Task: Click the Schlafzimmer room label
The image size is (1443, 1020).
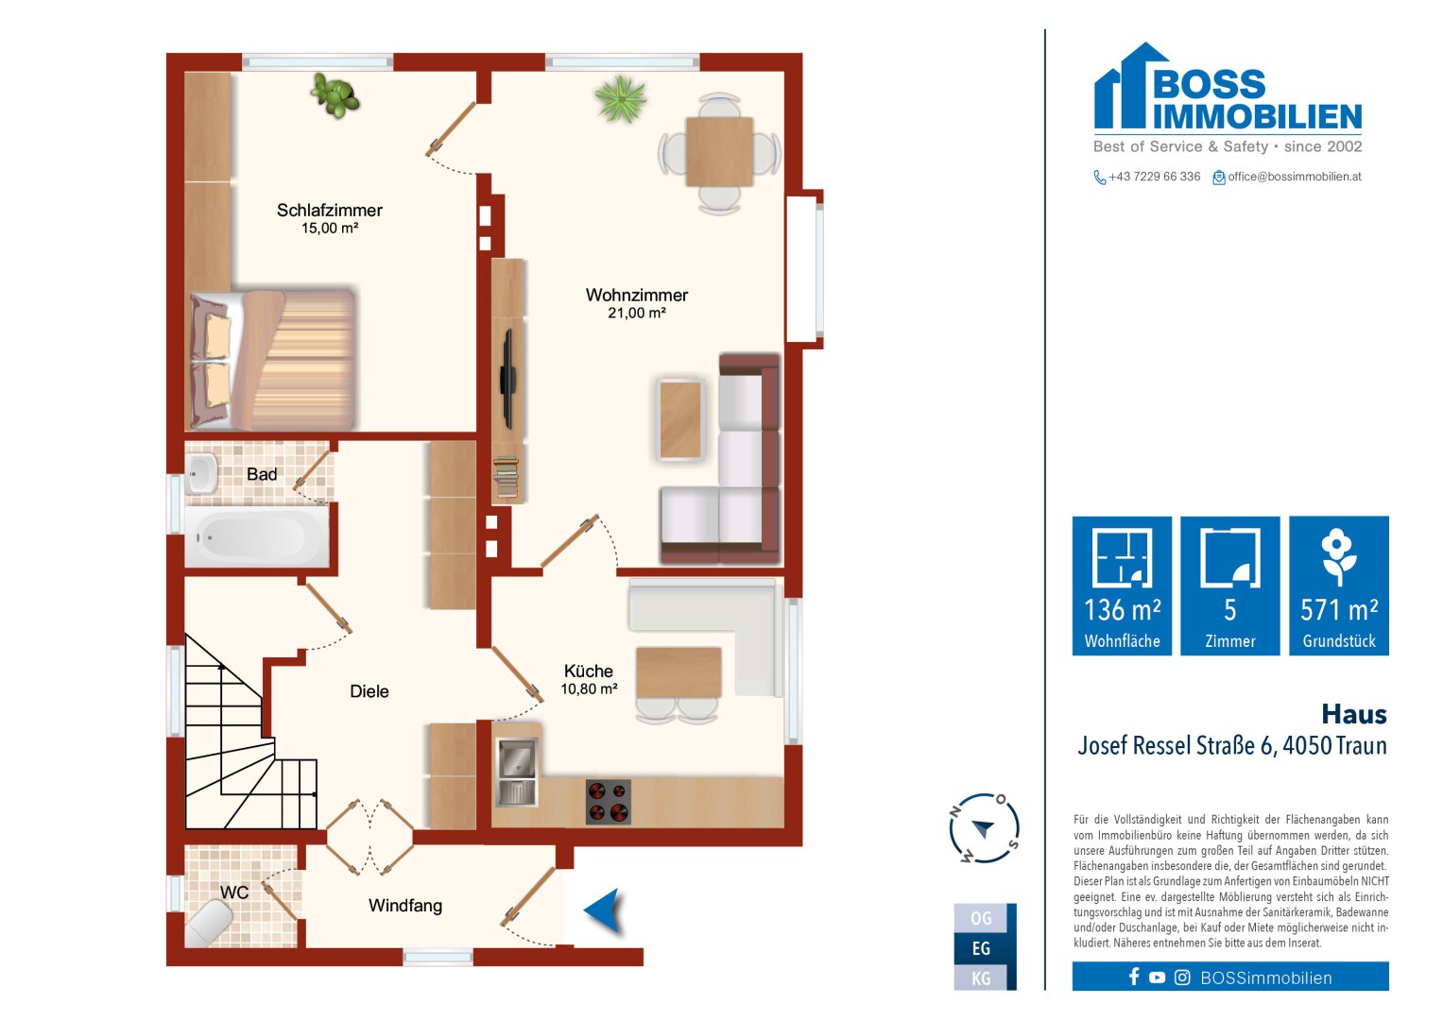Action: [329, 211]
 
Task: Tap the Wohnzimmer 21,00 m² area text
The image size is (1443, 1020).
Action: [637, 314]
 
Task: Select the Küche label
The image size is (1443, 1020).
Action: [588, 671]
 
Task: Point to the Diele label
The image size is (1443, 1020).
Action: [369, 691]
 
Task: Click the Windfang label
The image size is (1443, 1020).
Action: [405, 906]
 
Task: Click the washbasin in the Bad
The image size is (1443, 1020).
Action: [201, 473]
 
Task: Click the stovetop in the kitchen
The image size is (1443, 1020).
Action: [609, 802]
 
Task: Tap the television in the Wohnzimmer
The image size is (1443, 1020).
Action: [508, 379]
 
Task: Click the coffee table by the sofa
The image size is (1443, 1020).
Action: [680, 419]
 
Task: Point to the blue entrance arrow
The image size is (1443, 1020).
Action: [603, 909]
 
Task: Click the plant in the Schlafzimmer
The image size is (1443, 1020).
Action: [335, 95]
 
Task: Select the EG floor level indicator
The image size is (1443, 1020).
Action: [981, 948]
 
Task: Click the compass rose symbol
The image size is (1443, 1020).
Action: [985, 828]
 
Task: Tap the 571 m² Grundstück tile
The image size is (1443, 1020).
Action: [1339, 586]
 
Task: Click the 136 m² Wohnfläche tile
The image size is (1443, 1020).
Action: [1122, 586]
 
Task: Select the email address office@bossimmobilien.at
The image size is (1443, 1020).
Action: [1295, 178]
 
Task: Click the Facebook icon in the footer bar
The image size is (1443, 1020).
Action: [1134, 977]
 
